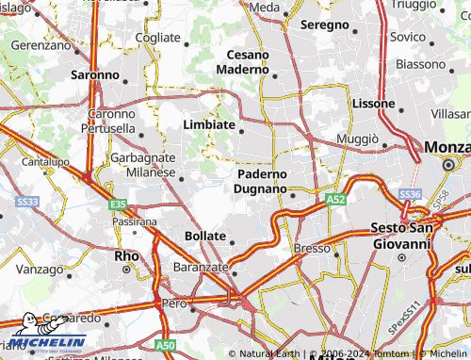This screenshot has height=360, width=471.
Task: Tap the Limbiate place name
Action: click(208, 124)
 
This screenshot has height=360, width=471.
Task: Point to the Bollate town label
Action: click(205, 235)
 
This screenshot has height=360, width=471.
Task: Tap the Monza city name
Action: click(447, 147)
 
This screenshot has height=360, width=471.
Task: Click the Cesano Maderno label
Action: click(243, 61)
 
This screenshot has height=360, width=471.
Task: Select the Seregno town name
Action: click(324, 25)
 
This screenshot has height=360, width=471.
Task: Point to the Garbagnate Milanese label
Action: click(143, 165)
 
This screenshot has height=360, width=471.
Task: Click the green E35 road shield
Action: click(117, 204)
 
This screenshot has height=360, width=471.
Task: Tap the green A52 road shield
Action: click(336, 201)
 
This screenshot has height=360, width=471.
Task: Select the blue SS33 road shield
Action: click(28, 202)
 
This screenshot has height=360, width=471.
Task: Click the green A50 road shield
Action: click(164, 347)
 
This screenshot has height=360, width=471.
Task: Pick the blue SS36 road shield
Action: click(410, 193)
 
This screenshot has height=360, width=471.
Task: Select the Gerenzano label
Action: click(41, 44)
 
